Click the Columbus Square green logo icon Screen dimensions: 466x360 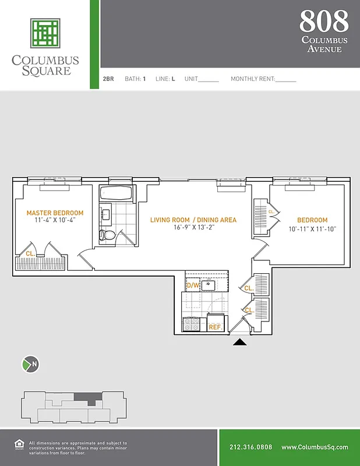pos(45,33)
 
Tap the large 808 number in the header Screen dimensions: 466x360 pos(324,22)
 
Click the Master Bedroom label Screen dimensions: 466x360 pos(55,213)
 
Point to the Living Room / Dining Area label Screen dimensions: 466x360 pos(193,220)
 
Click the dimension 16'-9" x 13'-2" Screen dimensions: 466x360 pos(193,228)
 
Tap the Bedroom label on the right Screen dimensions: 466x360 pos(312,220)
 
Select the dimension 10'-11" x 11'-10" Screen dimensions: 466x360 pos(312,229)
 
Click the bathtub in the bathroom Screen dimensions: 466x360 pos(117,193)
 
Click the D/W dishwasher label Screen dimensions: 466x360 pos(193,285)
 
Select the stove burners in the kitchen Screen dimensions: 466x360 pos(193,324)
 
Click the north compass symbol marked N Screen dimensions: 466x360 pos(30,365)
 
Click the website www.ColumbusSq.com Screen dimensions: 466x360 pos(315,447)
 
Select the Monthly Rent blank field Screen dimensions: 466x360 pos(285,79)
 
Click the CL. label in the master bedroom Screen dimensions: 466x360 pos(30,254)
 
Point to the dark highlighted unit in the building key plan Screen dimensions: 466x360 pos(87,398)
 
